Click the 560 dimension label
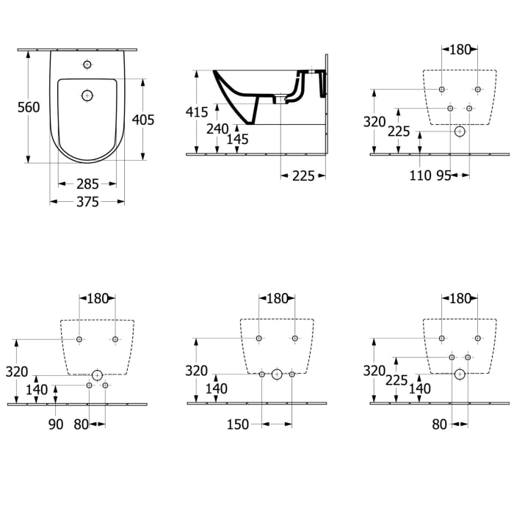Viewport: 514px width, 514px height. (29, 107)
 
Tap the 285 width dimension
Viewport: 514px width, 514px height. (87, 183)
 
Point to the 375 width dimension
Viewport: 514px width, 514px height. (87, 203)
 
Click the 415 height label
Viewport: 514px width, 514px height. (197, 112)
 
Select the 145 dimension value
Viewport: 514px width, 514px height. (237, 139)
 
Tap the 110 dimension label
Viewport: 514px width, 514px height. (421, 175)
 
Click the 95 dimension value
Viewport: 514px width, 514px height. (443, 175)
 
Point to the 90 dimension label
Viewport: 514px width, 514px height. (57, 424)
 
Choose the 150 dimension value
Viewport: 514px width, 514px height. (238, 424)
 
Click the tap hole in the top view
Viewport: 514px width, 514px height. (87, 65)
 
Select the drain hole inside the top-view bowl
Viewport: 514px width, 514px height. (87, 95)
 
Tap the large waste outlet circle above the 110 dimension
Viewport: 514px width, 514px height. (460, 132)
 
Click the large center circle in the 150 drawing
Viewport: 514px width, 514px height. (277, 374)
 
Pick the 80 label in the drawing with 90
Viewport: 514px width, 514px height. (81, 424)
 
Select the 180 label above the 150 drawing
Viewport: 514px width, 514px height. (276, 298)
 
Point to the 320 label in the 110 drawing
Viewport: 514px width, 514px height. (374, 122)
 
